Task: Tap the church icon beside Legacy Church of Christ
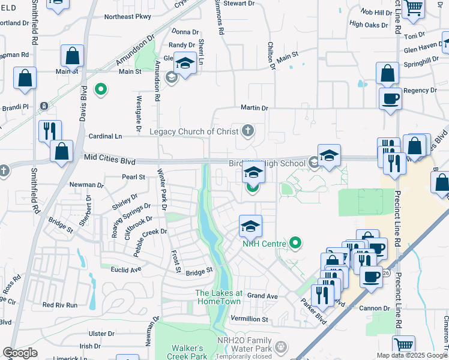247,131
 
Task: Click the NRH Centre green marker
295,243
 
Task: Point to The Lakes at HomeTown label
218,297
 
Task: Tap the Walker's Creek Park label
181,352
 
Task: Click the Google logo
20,353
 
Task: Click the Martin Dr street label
254,108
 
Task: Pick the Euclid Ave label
126,269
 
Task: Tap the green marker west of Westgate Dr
101,90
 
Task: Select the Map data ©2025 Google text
411,355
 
